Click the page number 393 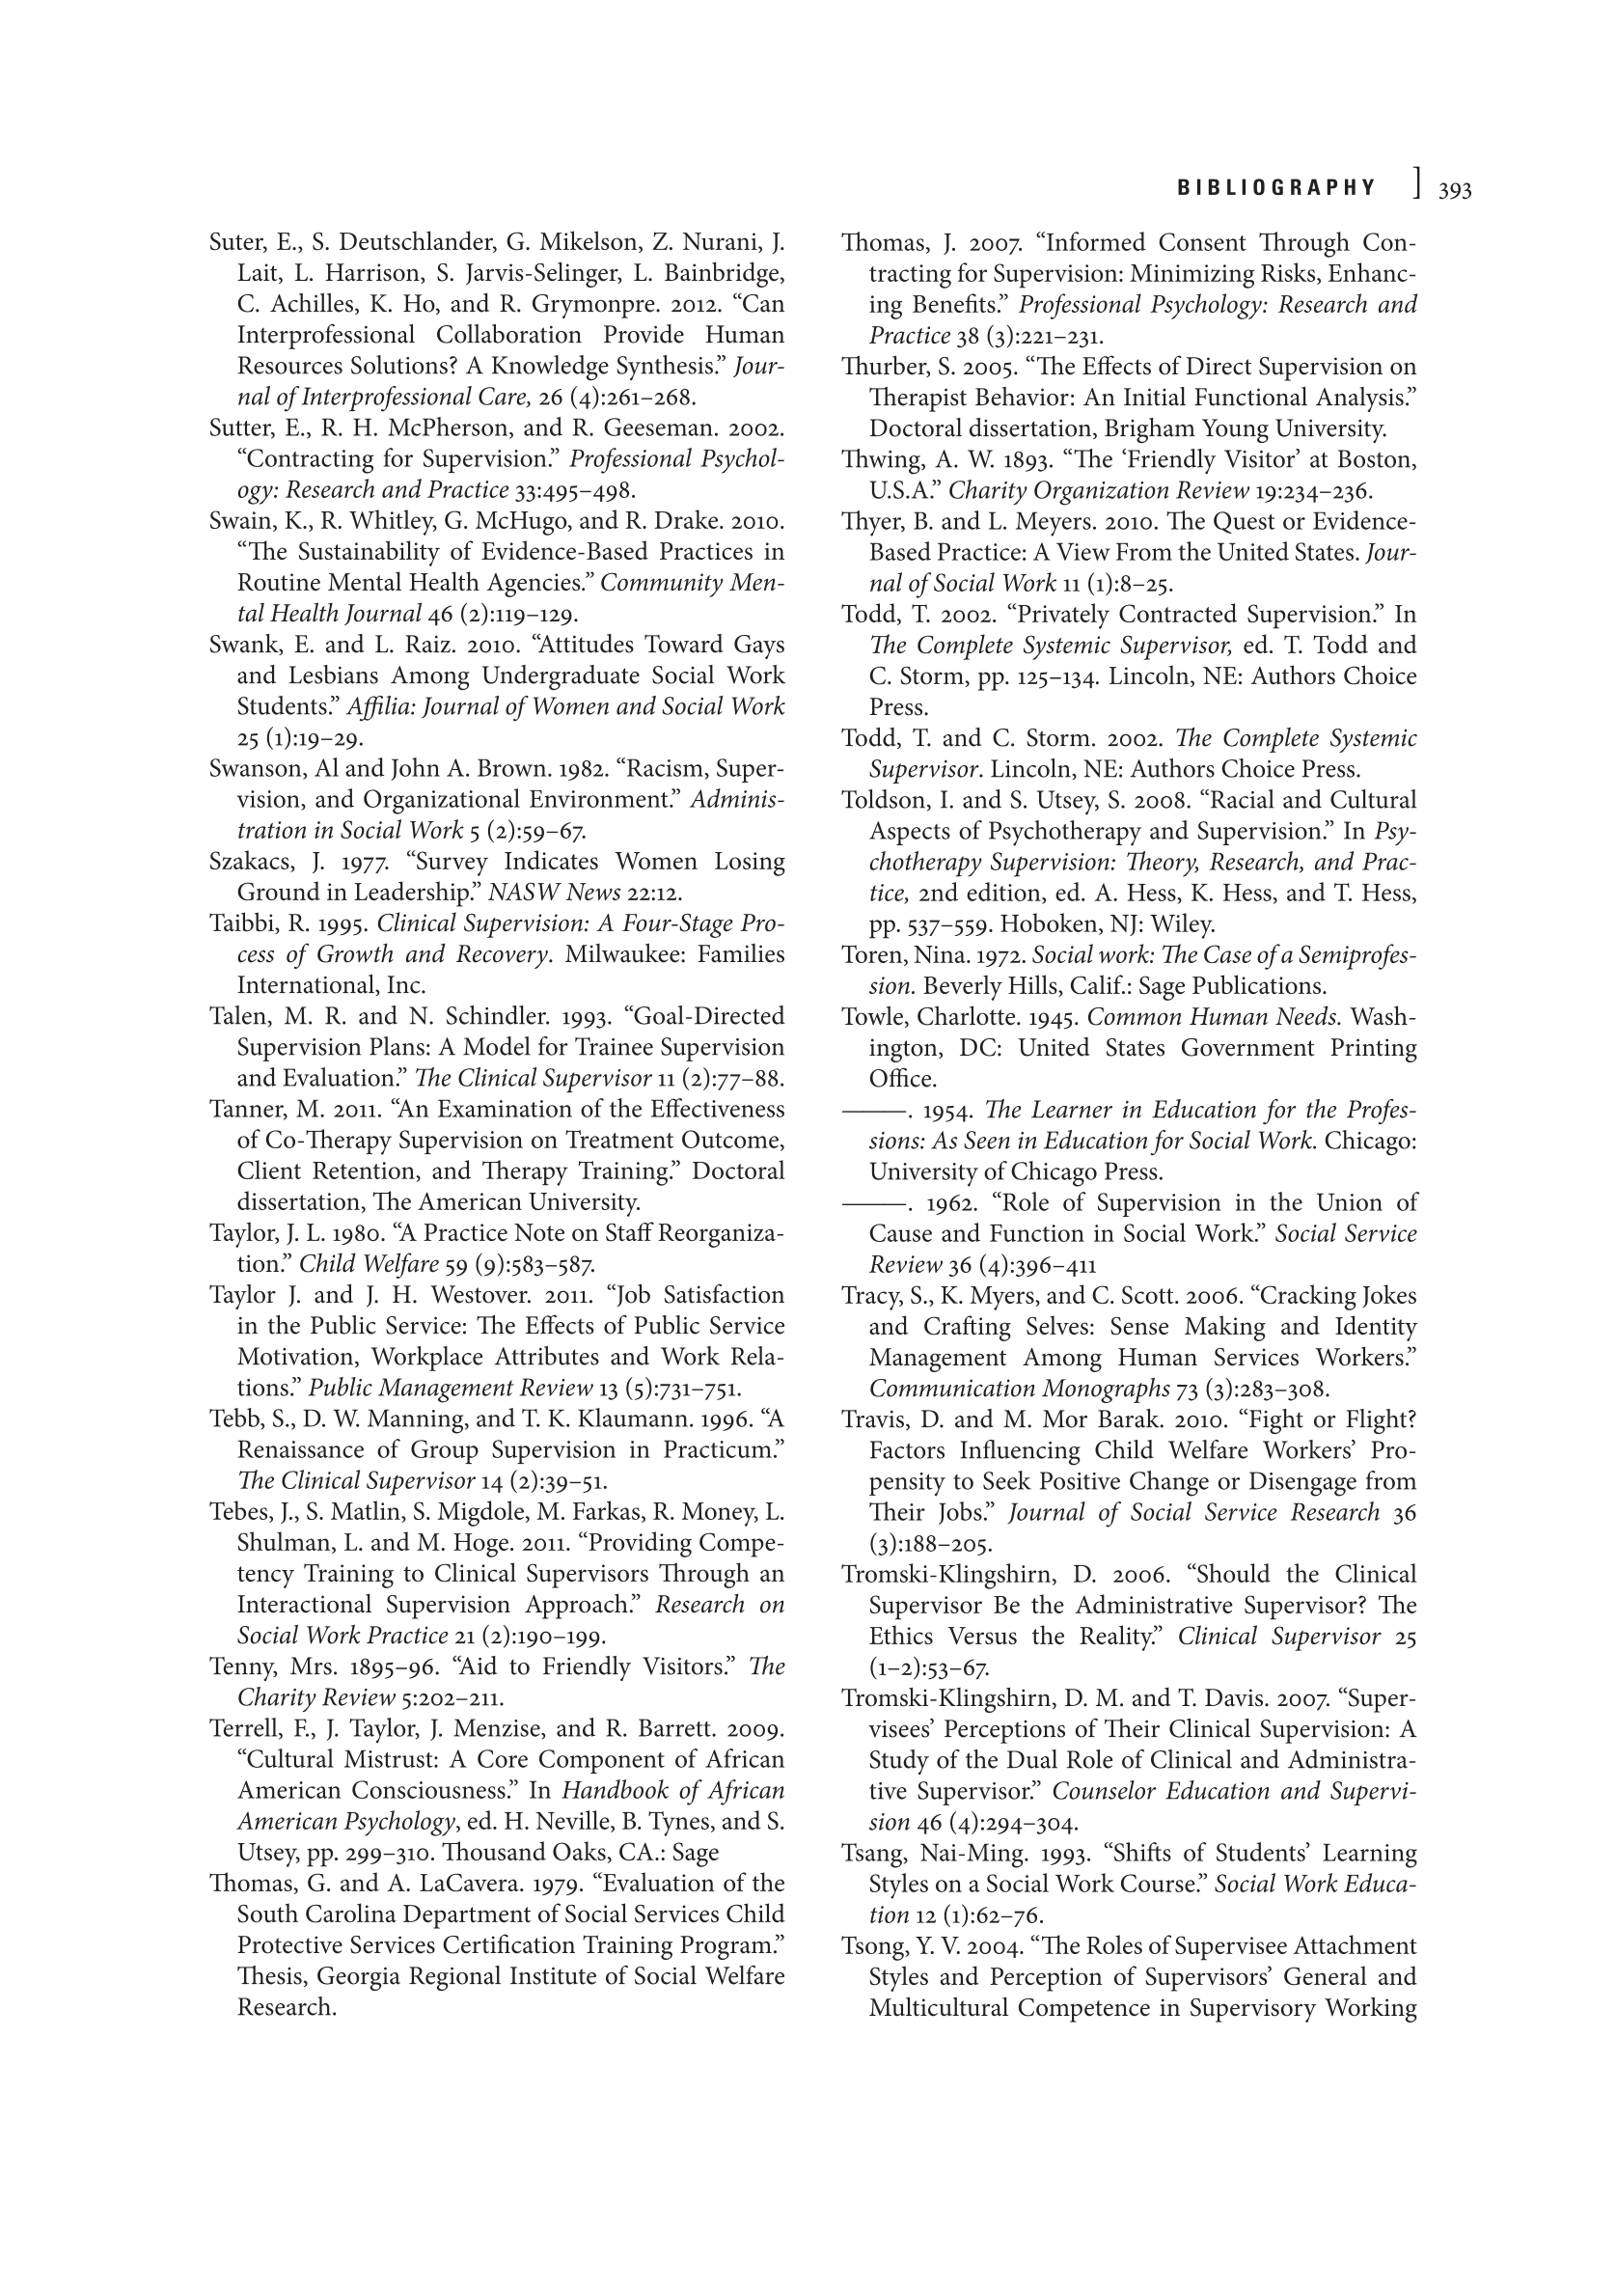click(1455, 190)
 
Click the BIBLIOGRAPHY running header click(1276, 188)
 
